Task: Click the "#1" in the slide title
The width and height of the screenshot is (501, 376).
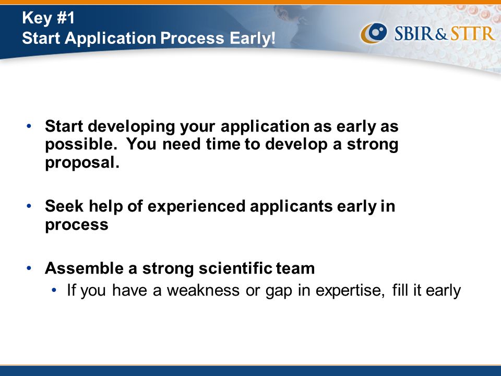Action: pos(66,18)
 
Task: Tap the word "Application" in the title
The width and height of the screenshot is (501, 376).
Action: pos(110,38)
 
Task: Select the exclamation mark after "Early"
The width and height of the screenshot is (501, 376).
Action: pos(273,38)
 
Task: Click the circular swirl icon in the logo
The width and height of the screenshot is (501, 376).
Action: pos(374,33)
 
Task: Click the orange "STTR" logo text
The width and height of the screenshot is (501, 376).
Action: pos(472,33)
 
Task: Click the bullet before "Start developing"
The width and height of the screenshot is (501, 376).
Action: pos(29,126)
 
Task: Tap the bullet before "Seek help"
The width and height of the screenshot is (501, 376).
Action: pos(29,206)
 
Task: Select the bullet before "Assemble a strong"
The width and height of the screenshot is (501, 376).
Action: pos(29,268)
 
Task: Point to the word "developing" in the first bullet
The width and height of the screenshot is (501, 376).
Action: pos(132,127)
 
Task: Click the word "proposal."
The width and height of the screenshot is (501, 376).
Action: pos(82,163)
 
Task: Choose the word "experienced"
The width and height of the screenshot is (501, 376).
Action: pos(196,207)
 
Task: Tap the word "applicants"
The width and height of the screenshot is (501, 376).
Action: pos(291,207)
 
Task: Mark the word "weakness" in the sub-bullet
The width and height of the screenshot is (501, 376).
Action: pos(203,290)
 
